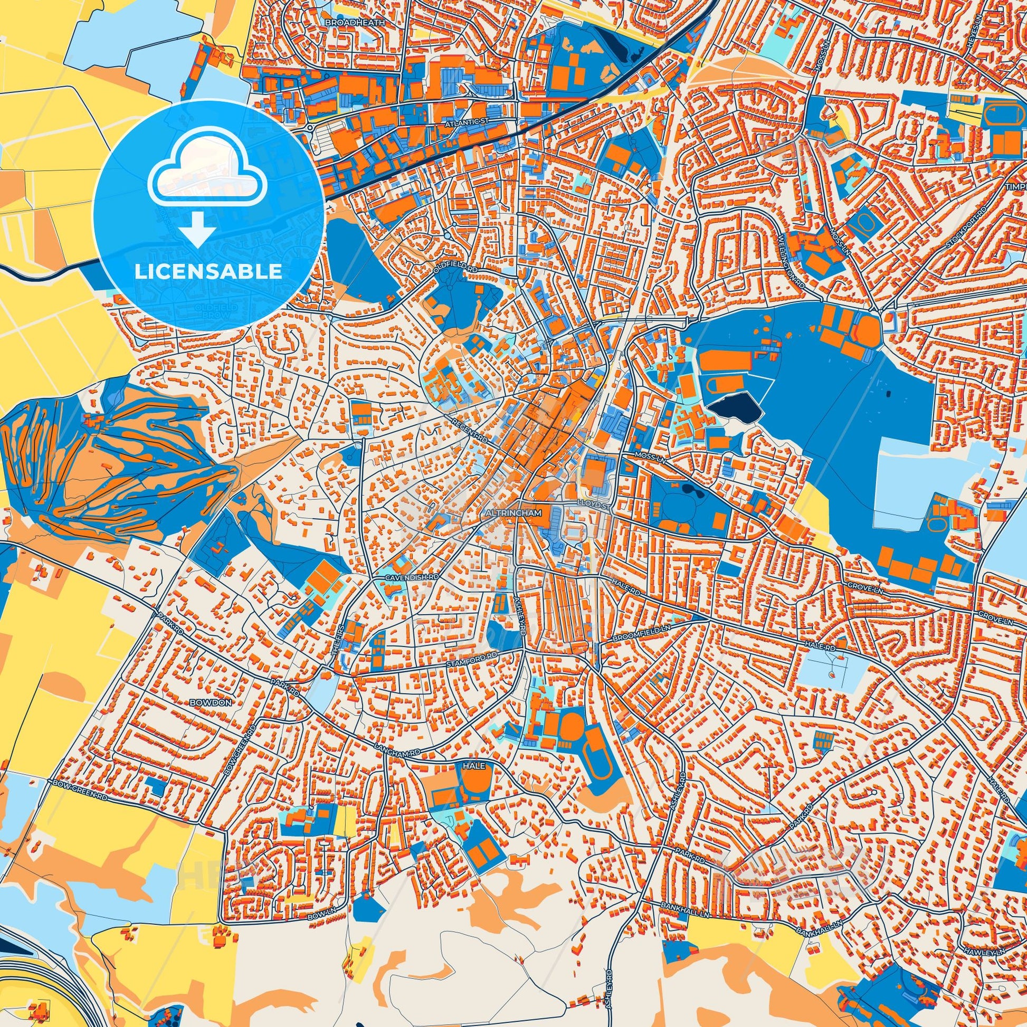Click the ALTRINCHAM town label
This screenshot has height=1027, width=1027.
(x=513, y=514)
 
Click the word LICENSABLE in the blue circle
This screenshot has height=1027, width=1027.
(x=208, y=272)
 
